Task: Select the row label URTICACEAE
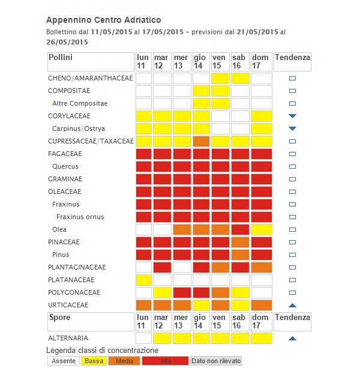[x=68, y=305]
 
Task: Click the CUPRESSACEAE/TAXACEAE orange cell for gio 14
[x=201, y=141]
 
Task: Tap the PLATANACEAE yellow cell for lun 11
[x=143, y=280]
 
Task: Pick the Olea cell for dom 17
[x=261, y=229]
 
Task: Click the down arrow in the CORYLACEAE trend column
[x=292, y=116]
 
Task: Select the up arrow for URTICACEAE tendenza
[x=292, y=305]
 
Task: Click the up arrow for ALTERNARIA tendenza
[x=292, y=339]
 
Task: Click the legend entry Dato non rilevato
[x=215, y=361]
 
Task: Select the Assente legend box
[x=64, y=361]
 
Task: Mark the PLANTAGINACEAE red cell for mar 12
[x=162, y=267]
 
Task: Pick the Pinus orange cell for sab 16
[x=240, y=255]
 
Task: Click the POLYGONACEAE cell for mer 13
[x=182, y=292]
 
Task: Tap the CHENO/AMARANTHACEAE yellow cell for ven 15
[x=220, y=78]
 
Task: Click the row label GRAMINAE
[x=65, y=179]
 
